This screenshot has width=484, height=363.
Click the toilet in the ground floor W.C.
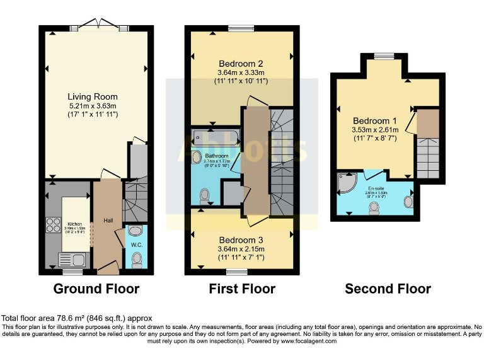(x=137, y=258)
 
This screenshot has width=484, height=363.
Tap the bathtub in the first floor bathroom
(x=215, y=137)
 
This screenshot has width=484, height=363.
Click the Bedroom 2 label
(x=240, y=64)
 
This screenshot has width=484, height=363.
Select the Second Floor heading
(x=388, y=289)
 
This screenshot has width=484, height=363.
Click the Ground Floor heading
(x=96, y=289)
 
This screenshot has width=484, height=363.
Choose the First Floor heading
(x=242, y=289)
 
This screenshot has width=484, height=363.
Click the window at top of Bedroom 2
(x=241, y=28)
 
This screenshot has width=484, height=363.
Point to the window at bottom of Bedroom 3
(x=237, y=272)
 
